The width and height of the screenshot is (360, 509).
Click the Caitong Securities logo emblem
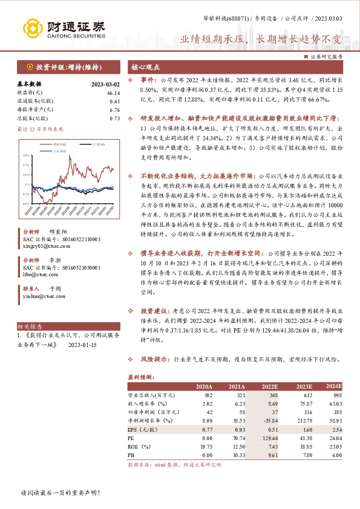pos(34,27)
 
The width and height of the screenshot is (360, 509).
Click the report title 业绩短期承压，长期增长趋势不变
pos(261,39)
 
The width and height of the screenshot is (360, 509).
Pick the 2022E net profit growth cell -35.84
pos(269,419)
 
